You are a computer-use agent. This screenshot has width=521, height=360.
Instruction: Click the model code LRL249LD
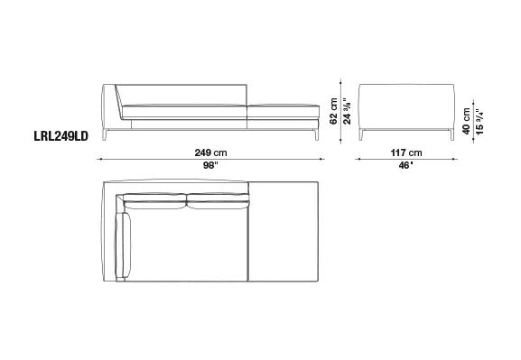click(x=61, y=136)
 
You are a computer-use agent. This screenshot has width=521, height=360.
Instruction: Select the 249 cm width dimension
click(x=210, y=152)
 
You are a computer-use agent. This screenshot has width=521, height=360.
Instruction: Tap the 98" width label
click(x=210, y=165)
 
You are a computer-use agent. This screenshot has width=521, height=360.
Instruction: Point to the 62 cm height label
click(x=333, y=111)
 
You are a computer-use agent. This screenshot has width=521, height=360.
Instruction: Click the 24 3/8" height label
click(x=347, y=111)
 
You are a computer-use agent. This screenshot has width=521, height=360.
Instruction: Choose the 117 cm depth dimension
click(x=406, y=152)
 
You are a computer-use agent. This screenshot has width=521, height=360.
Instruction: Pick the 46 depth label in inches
click(x=405, y=165)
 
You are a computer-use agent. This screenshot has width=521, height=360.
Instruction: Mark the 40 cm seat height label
click(x=466, y=121)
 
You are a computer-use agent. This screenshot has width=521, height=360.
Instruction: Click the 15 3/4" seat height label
click(x=479, y=121)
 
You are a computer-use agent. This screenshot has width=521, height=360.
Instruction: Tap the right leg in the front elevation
click(x=317, y=134)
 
